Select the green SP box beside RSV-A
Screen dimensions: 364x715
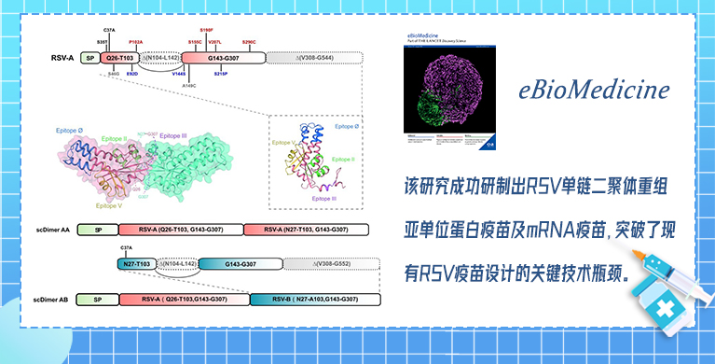89,58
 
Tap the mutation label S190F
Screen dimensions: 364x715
207,31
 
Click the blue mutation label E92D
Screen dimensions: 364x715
132,73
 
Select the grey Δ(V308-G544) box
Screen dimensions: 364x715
314,58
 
